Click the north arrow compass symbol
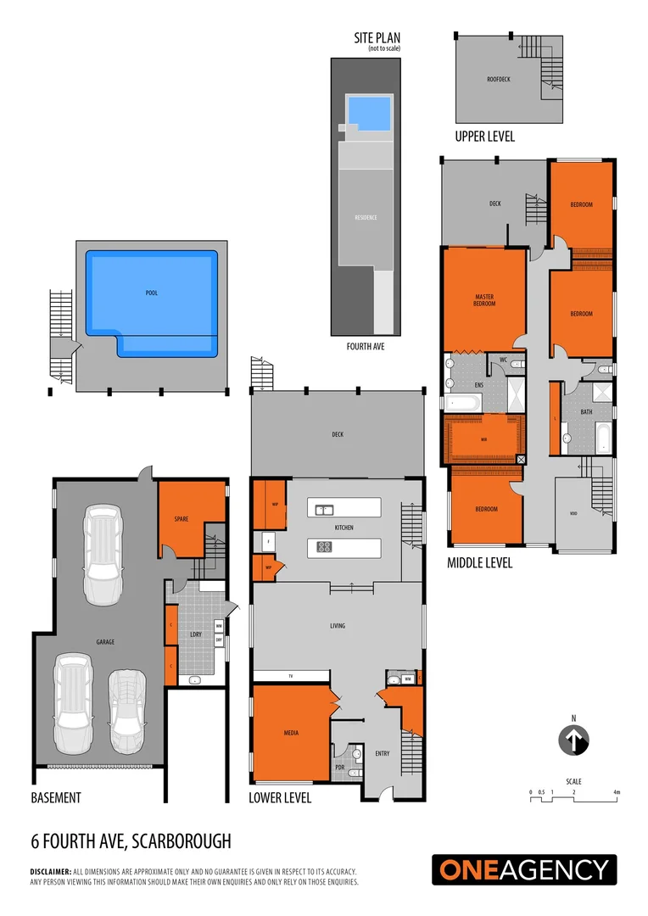point(573,740)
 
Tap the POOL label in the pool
point(152,293)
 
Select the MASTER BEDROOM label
point(483,300)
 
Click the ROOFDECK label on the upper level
point(497,79)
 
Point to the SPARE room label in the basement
point(181,519)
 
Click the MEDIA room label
point(291,732)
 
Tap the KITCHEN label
point(344,528)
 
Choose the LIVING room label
point(338,626)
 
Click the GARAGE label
point(105,642)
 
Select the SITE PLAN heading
point(377,38)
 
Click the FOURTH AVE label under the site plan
point(366,346)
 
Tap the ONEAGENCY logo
point(524,870)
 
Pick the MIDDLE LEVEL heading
point(479,562)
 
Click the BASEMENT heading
point(56,798)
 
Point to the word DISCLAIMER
point(50,872)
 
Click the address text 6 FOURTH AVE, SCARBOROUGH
point(131,841)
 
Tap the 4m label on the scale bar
point(617,791)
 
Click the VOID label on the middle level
point(573,513)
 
